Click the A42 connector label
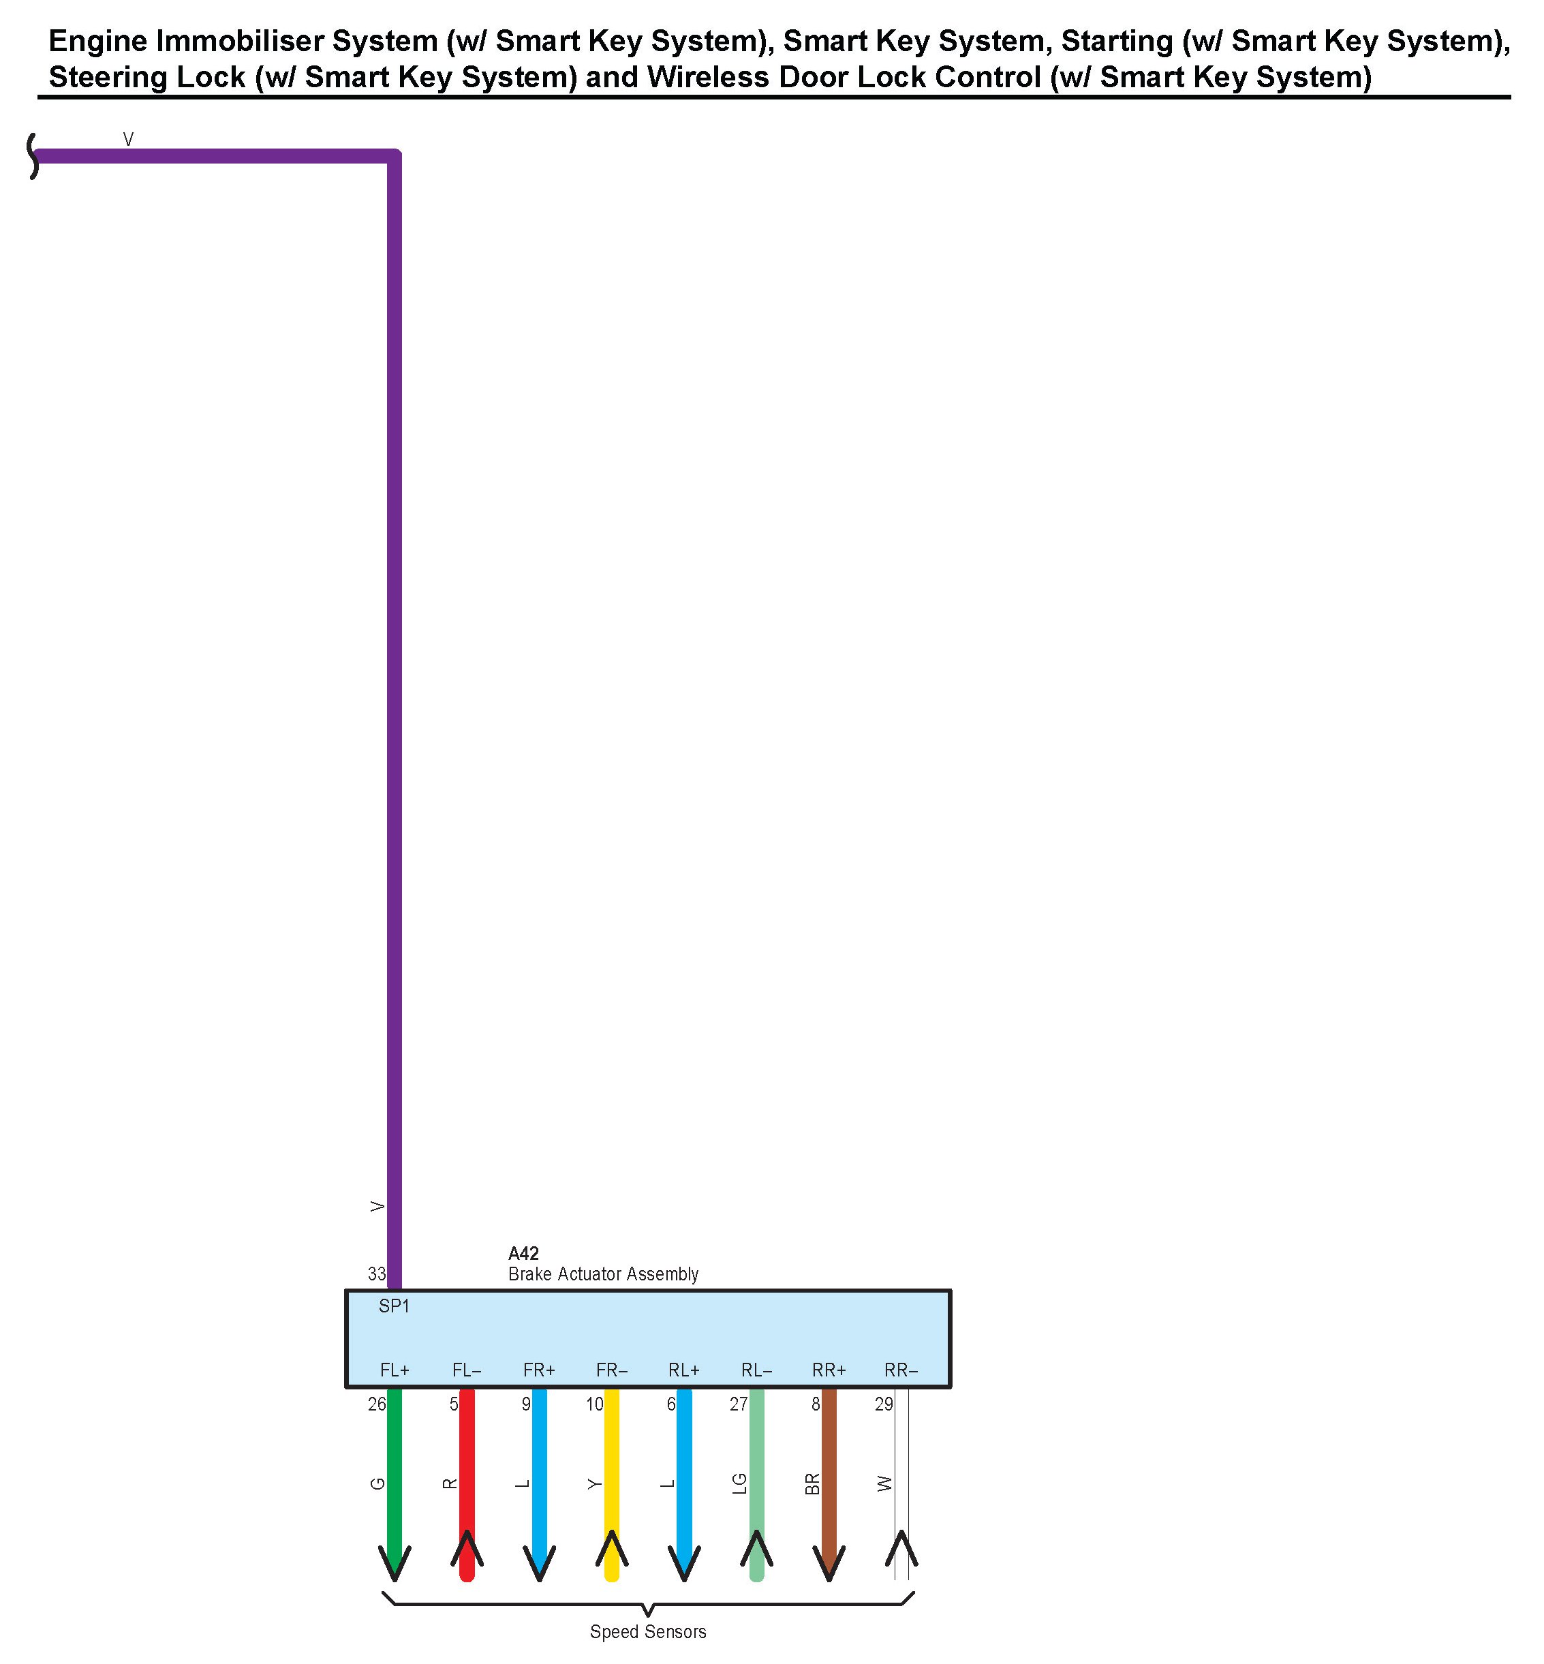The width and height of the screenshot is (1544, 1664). pos(523,1253)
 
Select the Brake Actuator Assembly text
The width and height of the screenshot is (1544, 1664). pos(602,1274)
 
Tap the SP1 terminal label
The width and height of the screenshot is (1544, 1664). pos(394,1306)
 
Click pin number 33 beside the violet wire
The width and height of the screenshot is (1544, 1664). pos(377,1274)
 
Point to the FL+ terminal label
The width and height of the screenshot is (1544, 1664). pos(395,1370)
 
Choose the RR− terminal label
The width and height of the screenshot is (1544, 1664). pos(901,1370)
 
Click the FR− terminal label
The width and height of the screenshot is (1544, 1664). pos(612,1370)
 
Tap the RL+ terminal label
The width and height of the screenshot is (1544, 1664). pos(683,1370)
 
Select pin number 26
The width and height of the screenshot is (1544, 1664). pos(377,1404)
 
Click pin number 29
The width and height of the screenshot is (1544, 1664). pos(883,1404)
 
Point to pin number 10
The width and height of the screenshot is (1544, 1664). pos(594,1404)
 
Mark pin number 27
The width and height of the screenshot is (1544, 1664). pos(739,1404)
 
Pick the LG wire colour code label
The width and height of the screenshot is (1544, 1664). pos(739,1483)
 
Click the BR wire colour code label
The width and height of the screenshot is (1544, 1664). pos(812,1483)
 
